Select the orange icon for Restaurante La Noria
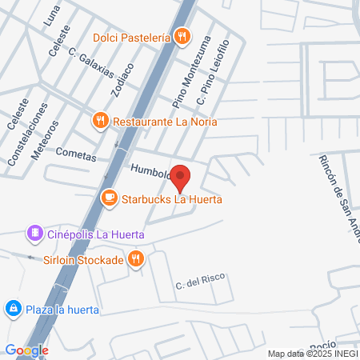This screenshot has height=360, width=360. [x=100, y=122]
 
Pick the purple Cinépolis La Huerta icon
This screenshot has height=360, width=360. [x=34, y=233]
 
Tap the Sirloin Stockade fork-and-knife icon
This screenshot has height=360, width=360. [x=137, y=259]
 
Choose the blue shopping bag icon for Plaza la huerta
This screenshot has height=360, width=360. [x=13, y=309]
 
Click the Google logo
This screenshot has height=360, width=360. [x=26, y=350]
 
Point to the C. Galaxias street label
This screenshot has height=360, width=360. [x=92, y=62]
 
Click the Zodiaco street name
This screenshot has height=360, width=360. [x=122, y=81]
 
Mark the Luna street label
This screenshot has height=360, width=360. [x=54, y=14]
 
